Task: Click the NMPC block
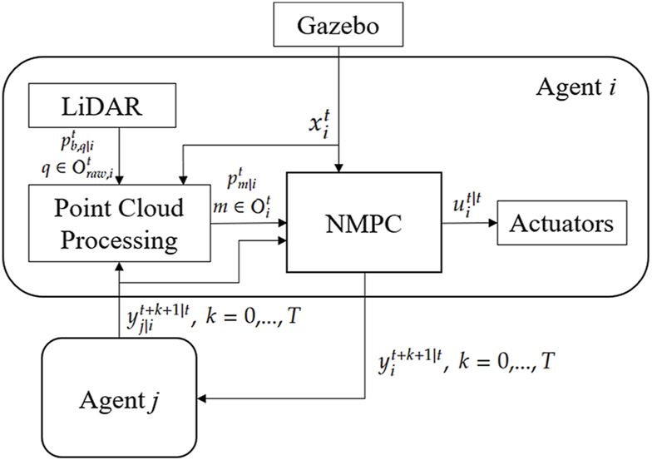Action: click(363, 222)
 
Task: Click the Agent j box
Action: click(119, 397)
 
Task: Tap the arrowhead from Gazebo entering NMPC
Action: click(338, 167)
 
